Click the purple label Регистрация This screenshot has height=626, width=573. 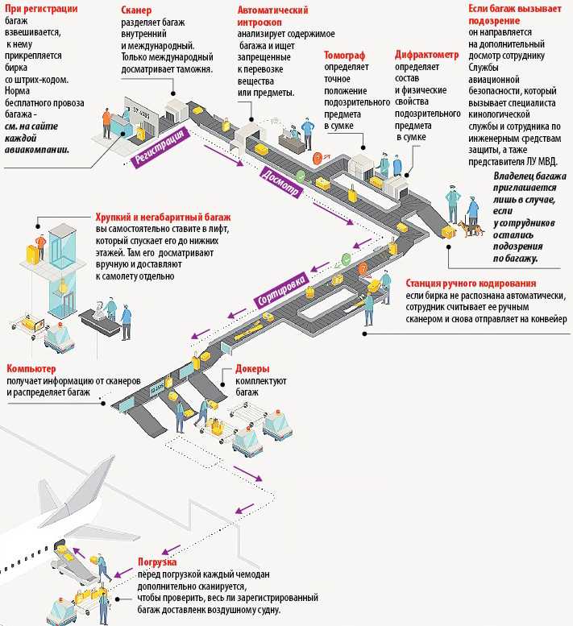click(160, 147)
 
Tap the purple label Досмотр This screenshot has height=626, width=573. click(280, 181)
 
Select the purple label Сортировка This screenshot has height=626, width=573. click(282, 290)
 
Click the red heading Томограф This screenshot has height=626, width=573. click(344, 55)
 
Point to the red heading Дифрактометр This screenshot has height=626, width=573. click(427, 54)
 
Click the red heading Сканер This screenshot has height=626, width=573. click(136, 10)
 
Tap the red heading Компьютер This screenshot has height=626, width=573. click(31, 368)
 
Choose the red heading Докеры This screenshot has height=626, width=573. click(252, 368)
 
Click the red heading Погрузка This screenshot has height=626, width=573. click(157, 562)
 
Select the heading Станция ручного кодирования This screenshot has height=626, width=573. click(471, 283)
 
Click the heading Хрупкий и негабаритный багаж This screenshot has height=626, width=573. click(163, 218)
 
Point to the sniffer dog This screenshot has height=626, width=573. click(471, 229)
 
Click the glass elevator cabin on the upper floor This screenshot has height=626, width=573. click(62, 247)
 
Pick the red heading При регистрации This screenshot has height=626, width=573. click(41, 8)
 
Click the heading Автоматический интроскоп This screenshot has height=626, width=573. click(272, 16)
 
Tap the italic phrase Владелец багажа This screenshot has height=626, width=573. click(529, 176)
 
